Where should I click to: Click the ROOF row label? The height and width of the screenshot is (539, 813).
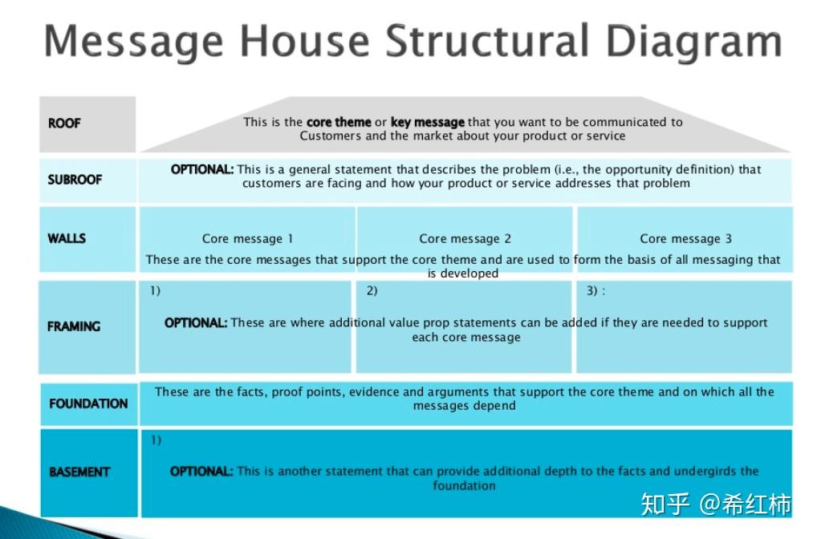(64, 124)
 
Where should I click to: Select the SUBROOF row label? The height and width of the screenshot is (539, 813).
(75, 180)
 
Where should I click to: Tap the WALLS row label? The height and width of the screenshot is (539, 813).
(67, 238)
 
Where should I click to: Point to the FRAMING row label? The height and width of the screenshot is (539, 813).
(74, 326)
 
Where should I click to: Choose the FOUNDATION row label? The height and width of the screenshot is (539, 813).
(88, 403)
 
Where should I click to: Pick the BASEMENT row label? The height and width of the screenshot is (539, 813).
(79, 472)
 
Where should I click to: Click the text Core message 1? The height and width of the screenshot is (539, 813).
(247, 238)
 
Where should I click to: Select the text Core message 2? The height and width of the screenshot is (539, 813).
(465, 238)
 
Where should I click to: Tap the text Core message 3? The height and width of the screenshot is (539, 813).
(685, 238)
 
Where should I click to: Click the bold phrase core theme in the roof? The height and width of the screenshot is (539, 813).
(339, 123)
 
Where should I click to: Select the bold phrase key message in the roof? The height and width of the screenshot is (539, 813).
(427, 123)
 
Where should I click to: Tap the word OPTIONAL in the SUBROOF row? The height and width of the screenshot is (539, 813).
(202, 169)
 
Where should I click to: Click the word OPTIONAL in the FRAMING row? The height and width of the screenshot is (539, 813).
(196, 322)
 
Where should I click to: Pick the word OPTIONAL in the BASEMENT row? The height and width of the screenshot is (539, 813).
(201, 471)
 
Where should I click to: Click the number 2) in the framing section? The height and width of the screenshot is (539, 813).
(372, 290)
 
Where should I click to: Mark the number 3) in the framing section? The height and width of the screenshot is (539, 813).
(592, 290)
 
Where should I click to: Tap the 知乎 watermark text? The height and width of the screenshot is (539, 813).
(665, 504)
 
